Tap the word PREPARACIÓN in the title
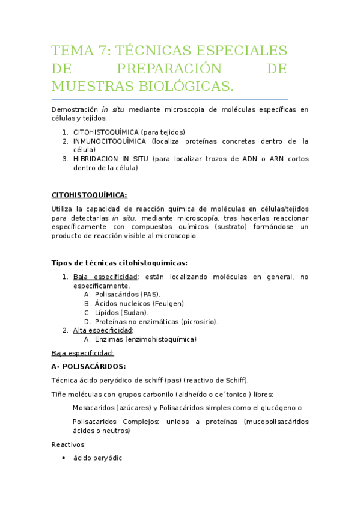pyautogui.click(x=169, y=69)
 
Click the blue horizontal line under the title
pyautogui.click(x=169, y=99)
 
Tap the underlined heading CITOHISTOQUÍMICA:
pyautogui.click(x=89, y=195)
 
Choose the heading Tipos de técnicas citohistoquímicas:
pyautogui.click(x=119, y=263)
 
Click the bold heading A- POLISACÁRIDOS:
pyautogui.click(x=88, y=366)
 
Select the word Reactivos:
pyautogui.click(x=69, y=444)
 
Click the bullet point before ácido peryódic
pyautogui.click(x=64, y=458)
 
